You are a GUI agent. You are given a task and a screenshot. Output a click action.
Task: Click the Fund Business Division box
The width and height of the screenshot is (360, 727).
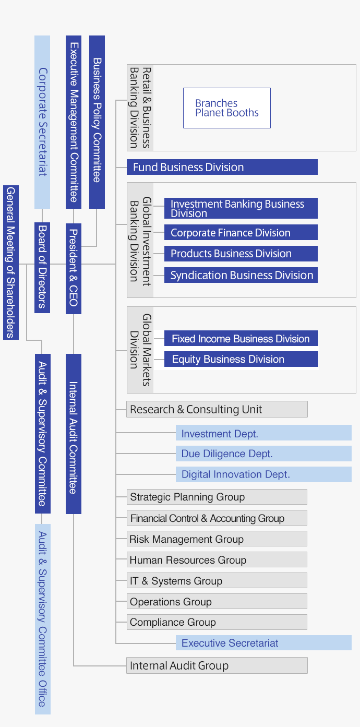click(222, 167)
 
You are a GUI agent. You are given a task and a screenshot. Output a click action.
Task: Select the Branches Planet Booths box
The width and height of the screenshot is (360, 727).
click(226, 108)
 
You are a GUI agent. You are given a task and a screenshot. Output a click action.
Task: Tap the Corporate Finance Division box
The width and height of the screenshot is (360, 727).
click(241, 233)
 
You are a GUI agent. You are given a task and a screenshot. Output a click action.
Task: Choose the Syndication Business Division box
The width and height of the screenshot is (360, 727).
click(241, 275)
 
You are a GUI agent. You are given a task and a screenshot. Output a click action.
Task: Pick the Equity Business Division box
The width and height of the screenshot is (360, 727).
click(241, 359)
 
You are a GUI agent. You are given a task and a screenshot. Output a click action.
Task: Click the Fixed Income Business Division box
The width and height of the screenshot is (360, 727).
click(241, 339)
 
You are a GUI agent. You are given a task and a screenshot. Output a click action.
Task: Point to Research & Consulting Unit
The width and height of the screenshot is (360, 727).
click(217, 409)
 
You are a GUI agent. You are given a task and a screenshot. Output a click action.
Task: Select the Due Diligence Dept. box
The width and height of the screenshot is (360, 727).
click(263, 454)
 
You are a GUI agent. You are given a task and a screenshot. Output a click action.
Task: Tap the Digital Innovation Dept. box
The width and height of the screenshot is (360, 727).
click(263, 474)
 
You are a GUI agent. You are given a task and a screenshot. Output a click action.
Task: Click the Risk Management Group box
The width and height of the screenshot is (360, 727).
click(217, 539)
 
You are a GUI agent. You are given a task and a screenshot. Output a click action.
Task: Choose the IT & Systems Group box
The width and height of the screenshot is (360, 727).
click(217, 580)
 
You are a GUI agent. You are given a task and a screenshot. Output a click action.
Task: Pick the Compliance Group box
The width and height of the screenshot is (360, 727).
click(217, 622)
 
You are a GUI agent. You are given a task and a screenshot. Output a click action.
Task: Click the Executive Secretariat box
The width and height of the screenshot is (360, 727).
click(263, 643)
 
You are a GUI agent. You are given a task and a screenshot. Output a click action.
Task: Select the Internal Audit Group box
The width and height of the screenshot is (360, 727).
click(217, 665)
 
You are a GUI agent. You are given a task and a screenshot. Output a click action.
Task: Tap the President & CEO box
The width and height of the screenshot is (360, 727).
click(74, 268)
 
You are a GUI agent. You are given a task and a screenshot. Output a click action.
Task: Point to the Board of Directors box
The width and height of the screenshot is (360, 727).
click(42, 267)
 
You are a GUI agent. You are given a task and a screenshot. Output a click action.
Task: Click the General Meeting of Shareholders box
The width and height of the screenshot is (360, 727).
click(11, 262)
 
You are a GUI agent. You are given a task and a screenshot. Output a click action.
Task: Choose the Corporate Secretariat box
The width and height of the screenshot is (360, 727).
click(42, 122)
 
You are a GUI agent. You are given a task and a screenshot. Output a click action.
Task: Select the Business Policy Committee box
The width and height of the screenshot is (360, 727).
click(97, 122)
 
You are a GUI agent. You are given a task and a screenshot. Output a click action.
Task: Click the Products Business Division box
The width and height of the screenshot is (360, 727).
click(241, 254)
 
